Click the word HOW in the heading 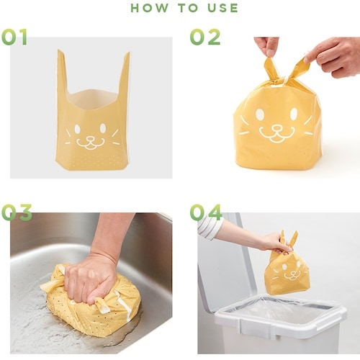coord(149,8)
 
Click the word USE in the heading coord(222,8)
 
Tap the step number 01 coord(14,37)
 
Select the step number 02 coord(205,37)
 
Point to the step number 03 coord(17,212)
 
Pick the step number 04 coord(205,212)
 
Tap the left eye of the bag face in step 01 coord(77,129)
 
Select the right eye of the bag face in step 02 coord(294,114)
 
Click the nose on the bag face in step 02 coord(276,127)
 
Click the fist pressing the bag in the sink coord(91,279)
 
